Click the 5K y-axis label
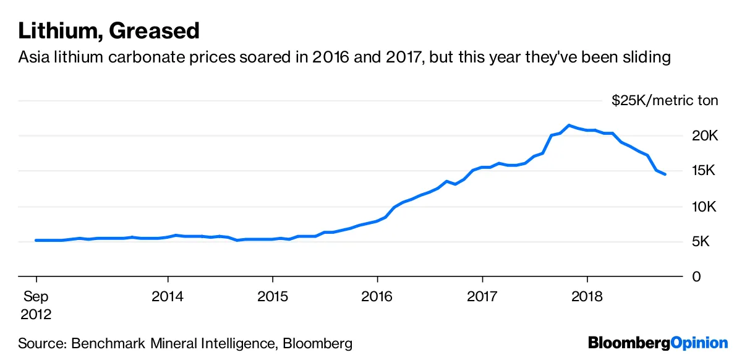pyautogui.click(x=706, y=241)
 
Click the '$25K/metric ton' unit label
pyautogui.click(x=665, y=101)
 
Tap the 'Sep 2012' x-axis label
pyautogui.click(x=36, y=306)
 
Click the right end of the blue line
pyautogui.click(x=665, y=174)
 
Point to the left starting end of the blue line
pyautogui.click(x=36, y=240)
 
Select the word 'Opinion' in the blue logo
pyautogui.click(x=699, y=343)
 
